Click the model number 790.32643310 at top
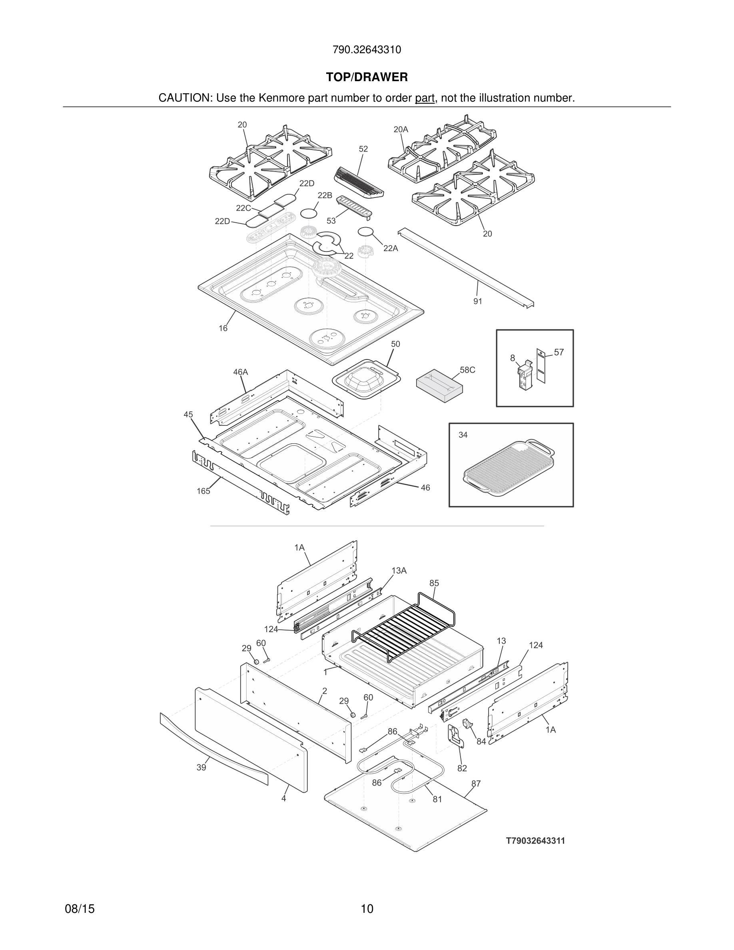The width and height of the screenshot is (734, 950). pyautogui.click(x=367, y=50)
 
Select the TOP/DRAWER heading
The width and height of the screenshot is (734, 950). pyautogui.click(x=367, y=78)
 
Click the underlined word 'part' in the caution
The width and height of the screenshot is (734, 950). pyautogui.click(x=425, y=98)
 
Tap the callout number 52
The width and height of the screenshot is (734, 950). pyautogui.click(x=363, y=149)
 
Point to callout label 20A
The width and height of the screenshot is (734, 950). pyautogui.click(x=401, y=130)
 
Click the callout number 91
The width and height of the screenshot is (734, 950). pyautogui.click(x=477, y=301)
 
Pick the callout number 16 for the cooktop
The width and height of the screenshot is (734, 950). pyautogui.click(x=223, y=328)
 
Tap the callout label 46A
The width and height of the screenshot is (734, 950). pyautogui.click(x=240, y=372)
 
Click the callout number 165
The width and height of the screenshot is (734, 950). pyautogui.click(x=203, y=491)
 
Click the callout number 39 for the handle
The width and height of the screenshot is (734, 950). pyautogui.click(x=201, y=768)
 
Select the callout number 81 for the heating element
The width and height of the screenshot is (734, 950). pyautogui.click(x=437, y=799)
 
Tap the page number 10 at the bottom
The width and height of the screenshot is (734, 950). pyautogui.click(x=367, y=909)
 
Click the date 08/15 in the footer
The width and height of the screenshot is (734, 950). pyautogui.click(x=80, y=909)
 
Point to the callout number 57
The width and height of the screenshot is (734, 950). pyautogui.click(x=559, y=352)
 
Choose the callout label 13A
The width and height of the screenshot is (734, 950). pyautogui.click(x=399, y=571)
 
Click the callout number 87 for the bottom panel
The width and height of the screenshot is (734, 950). pyautogui.click(x=476, y=783)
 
